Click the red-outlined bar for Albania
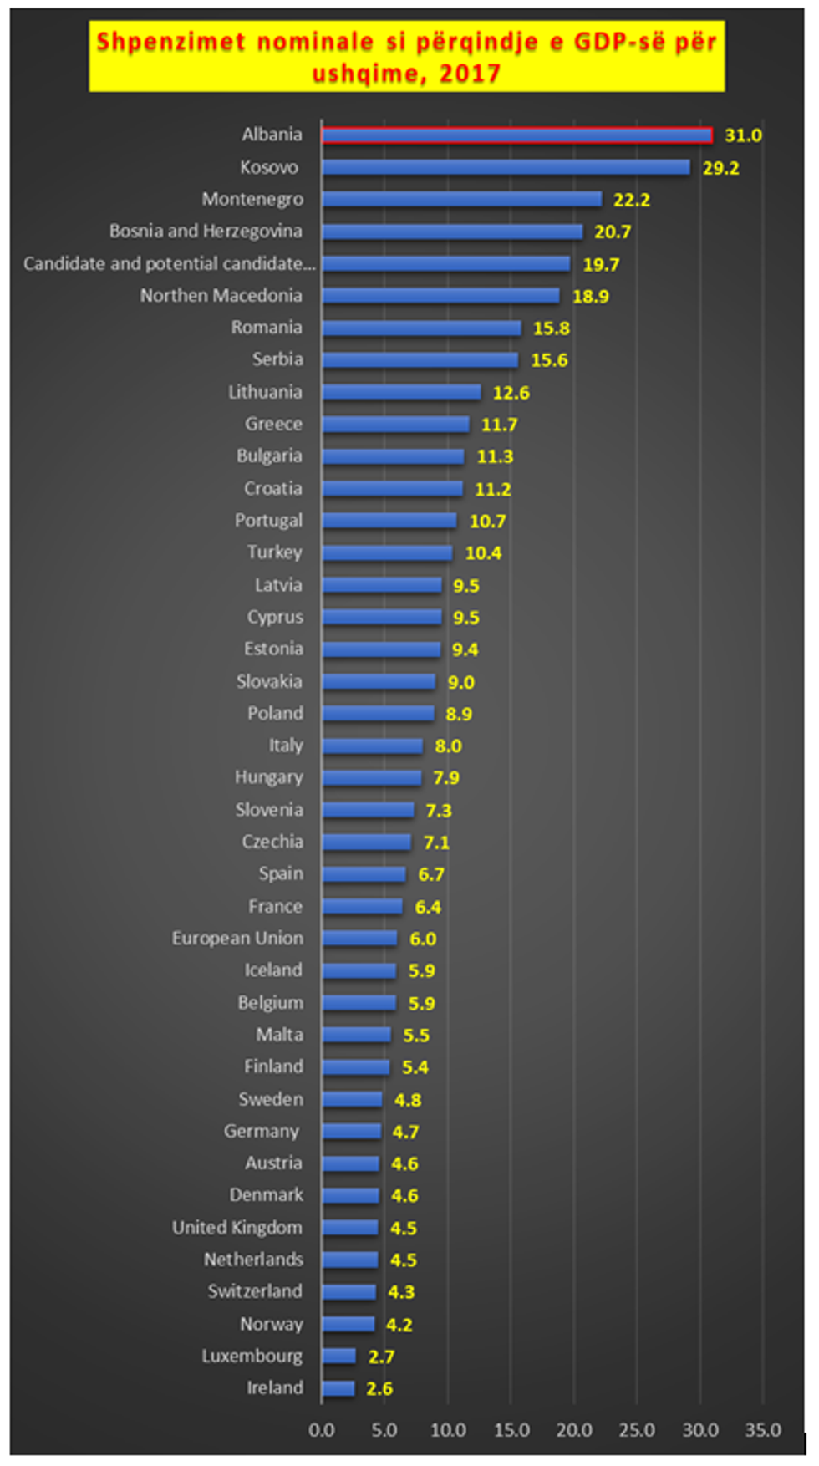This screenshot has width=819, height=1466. coord(516,135)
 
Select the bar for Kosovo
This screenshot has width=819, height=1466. coord(506,167)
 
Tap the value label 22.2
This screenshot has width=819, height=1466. coord(631,200)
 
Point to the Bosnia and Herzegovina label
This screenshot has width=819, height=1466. coord(206,231)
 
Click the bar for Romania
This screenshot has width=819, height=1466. coord(421,328)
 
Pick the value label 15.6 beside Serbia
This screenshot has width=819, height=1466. coord(549,360)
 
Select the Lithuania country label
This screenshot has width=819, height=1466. coord(265,392)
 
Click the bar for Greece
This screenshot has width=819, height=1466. coord(395,425)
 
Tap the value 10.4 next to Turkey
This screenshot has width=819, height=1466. coord(483,553)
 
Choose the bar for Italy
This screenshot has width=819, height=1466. coord(372,746)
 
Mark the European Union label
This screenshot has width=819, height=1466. coord(237,939)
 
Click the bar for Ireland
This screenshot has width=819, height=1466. coord(338,1388)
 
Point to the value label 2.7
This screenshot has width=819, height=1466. coord(381,1357)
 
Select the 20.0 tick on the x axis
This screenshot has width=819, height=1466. coord(574,1430)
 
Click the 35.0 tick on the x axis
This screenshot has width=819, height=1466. coord(762,1430)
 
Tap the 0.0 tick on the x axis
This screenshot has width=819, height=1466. coord(322,1430)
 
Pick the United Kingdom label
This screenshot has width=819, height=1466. coord(237,1228)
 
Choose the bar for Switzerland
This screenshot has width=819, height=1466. coord(348,1292)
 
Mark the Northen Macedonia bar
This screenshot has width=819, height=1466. coord(440,296)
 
